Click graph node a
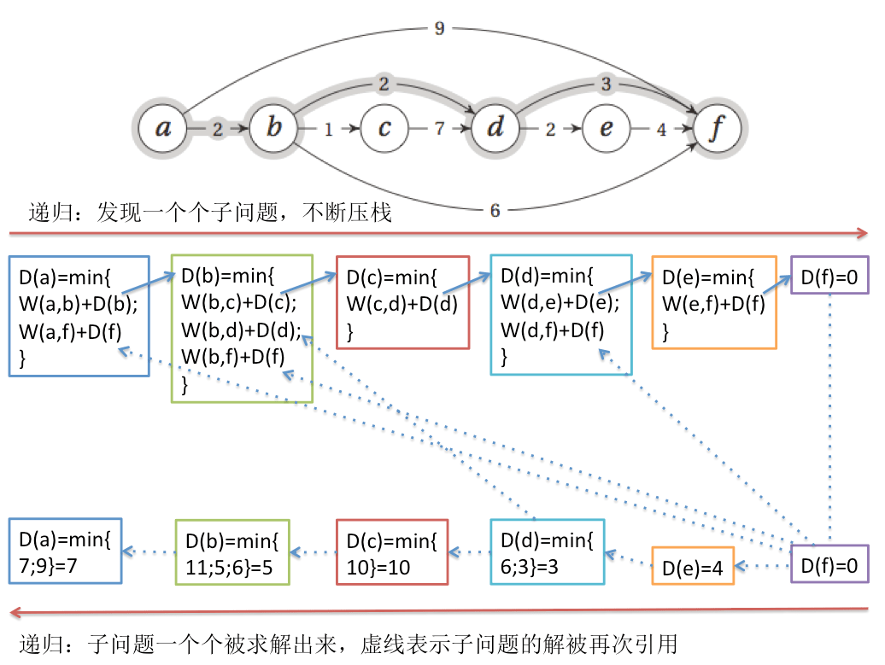[162, 129]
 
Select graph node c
[384, 129]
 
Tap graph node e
[607, 129]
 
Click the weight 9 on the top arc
[439, 29]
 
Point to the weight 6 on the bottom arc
[495, 211]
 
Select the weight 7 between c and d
[439, 130]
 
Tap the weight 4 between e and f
[661, 130]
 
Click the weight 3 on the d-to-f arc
[607, 84]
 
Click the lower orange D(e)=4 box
[694, 565]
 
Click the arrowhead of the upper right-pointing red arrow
[863, 233]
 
